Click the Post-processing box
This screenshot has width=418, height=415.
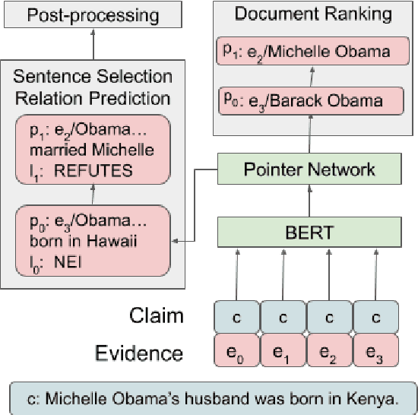point(93,15)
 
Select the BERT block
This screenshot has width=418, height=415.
point(309,231)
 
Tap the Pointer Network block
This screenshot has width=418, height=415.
point(309,168)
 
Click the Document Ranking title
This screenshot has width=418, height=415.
point(312,14)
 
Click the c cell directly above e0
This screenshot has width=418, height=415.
point(237,316)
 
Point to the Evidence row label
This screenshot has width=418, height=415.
point(139,352)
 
